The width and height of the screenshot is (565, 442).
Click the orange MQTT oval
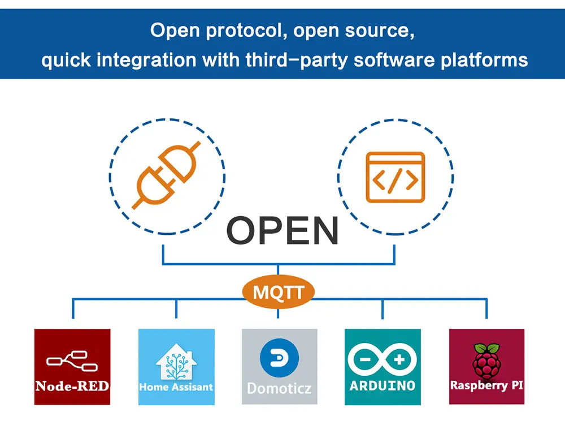coord(278,292)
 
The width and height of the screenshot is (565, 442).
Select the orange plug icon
coord(166,175)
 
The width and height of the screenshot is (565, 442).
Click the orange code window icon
coord(395,177)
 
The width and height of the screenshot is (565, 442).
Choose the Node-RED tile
coord(72,367)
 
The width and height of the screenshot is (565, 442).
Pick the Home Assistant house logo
coord(176,362)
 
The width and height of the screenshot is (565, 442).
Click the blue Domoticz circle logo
coord(279,358)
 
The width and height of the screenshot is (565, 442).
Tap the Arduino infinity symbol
coord(383,359)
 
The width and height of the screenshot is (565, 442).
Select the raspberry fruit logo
coord(486,362)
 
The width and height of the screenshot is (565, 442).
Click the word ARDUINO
coord(383,386)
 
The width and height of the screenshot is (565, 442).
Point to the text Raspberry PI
coord(486,386)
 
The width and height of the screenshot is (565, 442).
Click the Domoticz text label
coord(279,388)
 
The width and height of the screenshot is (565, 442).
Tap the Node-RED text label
coord(72,386)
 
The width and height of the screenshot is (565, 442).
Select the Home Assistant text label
coord(176,387)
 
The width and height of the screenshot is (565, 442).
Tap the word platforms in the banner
coord(484,60)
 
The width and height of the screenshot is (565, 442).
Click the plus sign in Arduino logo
coord(399,359)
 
